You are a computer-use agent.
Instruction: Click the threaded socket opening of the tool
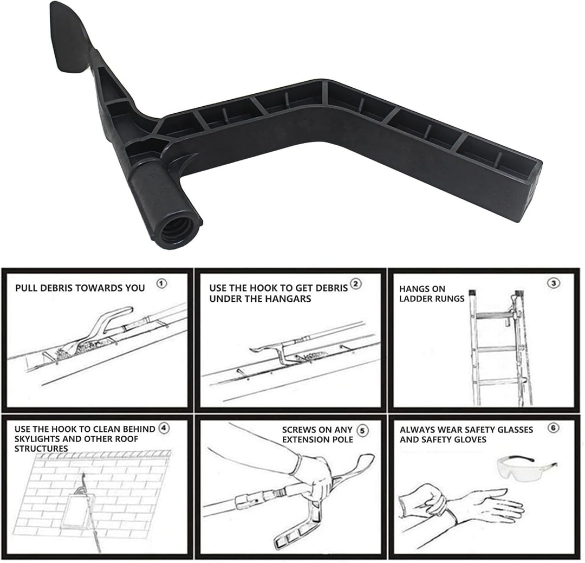pyautogui.click(x=175, y=230)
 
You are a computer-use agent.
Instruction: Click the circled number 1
pyautogui.click(x=161, y=284)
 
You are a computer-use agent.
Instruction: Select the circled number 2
pyautogui.click(x=355, y=284)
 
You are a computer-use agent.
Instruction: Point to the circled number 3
pyautogui.click(x=553, y=283)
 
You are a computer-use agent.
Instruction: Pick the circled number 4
pyautogui.click(x=164, y=428)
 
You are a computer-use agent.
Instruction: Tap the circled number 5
pyautogui.click(x=362, y=430)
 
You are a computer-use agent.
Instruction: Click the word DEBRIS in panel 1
pyautogui.click(x=56, y=288)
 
